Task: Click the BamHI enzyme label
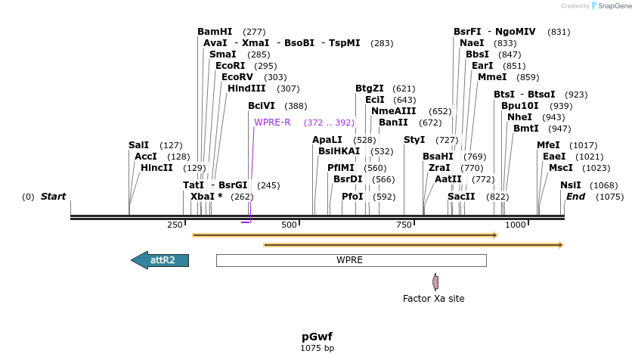[215, 32]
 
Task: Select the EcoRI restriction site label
[231, 66]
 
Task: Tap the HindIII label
[246, 88]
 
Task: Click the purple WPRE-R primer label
[272, 123]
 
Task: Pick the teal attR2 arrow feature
[160, 260]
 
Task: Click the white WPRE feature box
[350, 260]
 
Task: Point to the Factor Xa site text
[433, 299]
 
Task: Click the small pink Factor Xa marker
[435, 282]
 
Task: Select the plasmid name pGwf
[317, 337]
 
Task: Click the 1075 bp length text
[317, 349]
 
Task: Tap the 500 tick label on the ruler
[289, 225]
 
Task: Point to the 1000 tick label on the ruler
[516, 225]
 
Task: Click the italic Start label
[53, 197]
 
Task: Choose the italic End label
[575, 197]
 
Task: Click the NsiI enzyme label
[571, 185]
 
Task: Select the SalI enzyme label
[138, 145]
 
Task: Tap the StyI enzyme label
[414, 140]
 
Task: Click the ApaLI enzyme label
[327, 140]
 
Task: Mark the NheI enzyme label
[519, 117]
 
